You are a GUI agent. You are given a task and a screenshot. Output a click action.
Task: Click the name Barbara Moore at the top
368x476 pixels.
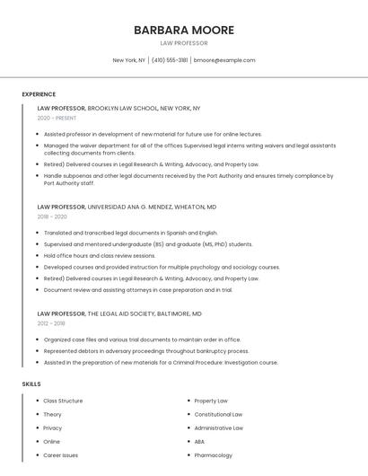(x=183, y=30)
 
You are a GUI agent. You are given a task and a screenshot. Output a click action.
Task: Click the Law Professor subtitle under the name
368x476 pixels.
(x=183, y=43)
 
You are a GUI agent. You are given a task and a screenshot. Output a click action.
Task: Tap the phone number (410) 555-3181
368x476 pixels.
(x=170, y=60)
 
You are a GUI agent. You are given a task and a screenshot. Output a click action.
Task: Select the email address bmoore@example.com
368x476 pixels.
(x=224, y=60)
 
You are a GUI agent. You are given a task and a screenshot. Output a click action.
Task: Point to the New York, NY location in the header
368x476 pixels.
(x=128, y=60)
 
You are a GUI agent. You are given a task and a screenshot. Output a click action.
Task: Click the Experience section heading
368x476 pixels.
(x=39, y=94)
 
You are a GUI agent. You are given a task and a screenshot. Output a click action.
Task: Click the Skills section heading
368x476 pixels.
(x=31, y=384)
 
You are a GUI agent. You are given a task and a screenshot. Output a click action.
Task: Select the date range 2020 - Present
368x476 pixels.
(x=57, y=118)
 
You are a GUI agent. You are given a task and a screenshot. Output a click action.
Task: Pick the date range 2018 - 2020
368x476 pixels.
(x=52, y=216)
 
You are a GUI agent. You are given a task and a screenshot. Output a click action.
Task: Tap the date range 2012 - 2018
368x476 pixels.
(x=51, y=323)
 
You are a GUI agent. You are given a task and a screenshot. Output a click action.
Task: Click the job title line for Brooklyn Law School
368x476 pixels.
(x=118, y=108)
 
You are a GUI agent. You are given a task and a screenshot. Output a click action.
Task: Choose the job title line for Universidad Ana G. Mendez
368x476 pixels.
(x=127, y=207)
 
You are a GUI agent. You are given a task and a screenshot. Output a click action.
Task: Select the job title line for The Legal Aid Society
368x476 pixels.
(x=119, y=313)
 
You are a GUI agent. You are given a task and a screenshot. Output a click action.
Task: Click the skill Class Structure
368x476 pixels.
(x=63, y=401)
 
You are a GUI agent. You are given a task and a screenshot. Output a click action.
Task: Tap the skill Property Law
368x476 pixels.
(x=211, y=401)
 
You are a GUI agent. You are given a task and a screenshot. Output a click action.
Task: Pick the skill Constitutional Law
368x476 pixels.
(x=218, y=414)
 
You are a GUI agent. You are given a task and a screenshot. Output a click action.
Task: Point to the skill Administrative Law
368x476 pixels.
(x=218, y=428)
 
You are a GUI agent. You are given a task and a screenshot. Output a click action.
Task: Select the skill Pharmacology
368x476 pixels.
(x=213, y=455)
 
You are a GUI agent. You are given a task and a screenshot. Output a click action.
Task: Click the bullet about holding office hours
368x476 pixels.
(x=99, y=255)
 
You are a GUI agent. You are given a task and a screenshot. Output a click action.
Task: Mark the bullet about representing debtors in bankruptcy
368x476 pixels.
(x=145, y=351)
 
